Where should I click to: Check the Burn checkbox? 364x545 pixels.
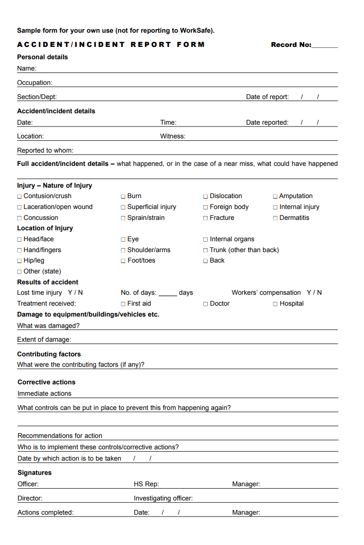123,196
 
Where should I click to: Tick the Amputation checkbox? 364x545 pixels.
275,196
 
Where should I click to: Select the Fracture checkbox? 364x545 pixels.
206,218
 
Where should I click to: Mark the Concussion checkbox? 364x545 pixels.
19,218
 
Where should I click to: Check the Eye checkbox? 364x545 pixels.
123,240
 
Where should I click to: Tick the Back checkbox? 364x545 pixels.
206,261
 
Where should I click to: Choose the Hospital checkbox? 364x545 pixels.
275,304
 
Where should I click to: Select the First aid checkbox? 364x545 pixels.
123,304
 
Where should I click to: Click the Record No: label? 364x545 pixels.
291,45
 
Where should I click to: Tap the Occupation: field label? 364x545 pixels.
35,82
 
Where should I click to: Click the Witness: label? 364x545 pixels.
173,136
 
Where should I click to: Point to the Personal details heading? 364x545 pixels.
42,57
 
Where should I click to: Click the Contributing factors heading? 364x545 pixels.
49,354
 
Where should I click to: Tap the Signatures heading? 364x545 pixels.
34,472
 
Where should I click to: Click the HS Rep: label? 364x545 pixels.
146,484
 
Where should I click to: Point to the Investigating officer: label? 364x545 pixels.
163,498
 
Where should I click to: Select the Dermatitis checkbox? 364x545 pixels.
275,218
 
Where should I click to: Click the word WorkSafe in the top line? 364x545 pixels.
196,30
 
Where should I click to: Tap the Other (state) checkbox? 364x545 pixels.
19,272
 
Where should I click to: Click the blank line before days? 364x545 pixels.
167,293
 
